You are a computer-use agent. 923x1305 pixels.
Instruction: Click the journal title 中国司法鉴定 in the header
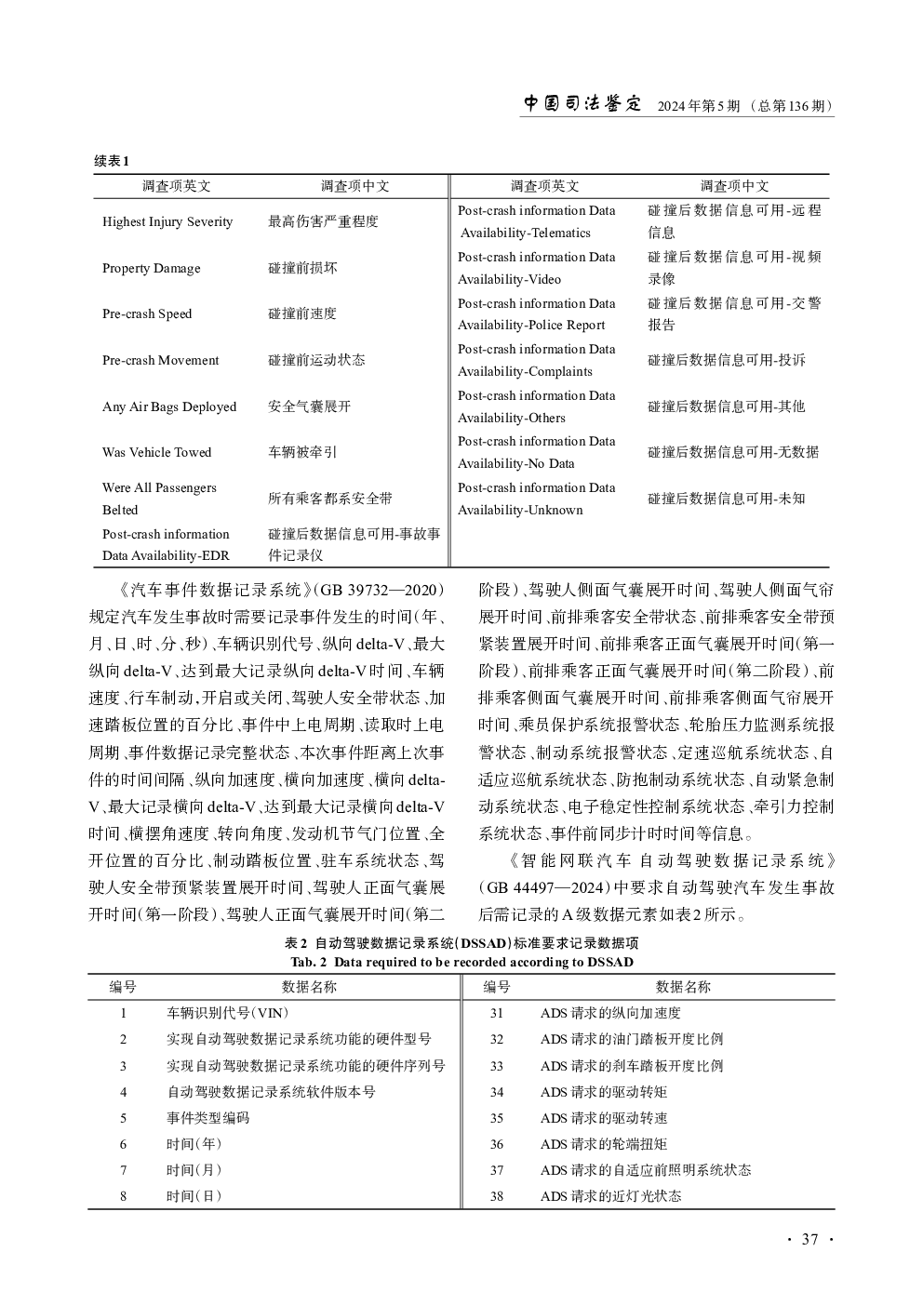pyautogui.click(x=582, y=104)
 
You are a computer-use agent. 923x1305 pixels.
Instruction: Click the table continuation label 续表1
pyautogui.click(x=112, y=161)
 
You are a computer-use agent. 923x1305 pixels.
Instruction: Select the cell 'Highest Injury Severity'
pyautogui.click(x=167, y=221)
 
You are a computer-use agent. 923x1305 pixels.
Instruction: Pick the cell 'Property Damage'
pyautogui.click(x=152, y=268)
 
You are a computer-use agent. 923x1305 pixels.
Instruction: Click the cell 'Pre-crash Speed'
pyautogui.click(x=147, y=313)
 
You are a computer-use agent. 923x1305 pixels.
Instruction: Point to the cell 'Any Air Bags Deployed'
pyautogui.click(x=169, y=406)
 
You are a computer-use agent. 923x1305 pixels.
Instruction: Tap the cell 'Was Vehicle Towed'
pyautogui.click(x=157, y=452)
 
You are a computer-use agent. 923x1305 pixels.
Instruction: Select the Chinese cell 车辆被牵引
pyautogui.click(x=302, y=452)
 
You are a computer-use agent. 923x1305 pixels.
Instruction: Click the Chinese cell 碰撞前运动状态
pyautogui.click(x=316, y=360)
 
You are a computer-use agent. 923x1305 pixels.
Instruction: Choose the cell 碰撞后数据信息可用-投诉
pyautogui.click(x=727, y=360)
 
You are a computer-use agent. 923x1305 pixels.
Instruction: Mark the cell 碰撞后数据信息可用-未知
pyautogui.click(x=727, y=499)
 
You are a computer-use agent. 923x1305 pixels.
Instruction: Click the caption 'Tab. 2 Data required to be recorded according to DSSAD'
pyautogui.click(x=461, y=962)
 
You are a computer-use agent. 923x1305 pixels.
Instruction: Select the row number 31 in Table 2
pyautogui.click(x=497, y=1013)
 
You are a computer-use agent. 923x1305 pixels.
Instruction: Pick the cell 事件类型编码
pyautogui.click(x=208, y=1118)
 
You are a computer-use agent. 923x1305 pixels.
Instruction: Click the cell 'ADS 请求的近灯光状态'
pyautogui.click(x=610, y=1196)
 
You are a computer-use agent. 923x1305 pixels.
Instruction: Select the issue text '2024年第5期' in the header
pyautogui.click(x=698, y=106)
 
